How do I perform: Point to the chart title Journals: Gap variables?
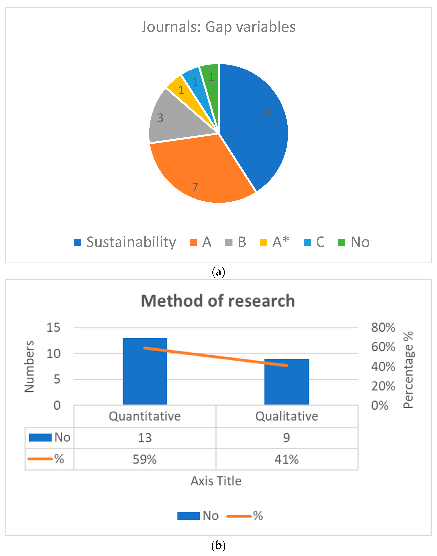pos(218,27)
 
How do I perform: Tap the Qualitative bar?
pos(287,384)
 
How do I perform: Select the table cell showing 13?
pos(145,438)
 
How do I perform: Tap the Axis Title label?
pos(216,481)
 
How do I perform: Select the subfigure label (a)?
pos(218,272)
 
